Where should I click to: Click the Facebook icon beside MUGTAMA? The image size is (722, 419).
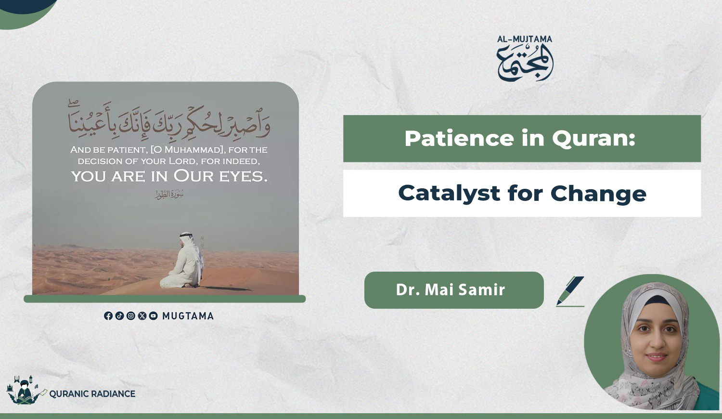(x=108, y=316)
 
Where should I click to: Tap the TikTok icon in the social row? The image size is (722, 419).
(x=119, y=316)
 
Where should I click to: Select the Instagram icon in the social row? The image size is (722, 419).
(x=131, y=316)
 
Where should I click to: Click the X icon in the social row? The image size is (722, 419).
(x=142, y=316)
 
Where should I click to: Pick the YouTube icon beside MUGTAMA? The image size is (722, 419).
(x=154, y=316)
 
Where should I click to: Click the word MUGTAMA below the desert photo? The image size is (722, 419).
(x=188, y=316)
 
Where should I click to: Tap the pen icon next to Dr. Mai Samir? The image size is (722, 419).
(x=570, y=291)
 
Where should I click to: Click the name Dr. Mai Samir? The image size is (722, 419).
(x=450, y=289)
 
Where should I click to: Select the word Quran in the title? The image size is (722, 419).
(x=593, y=139)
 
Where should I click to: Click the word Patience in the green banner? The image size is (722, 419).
(x=459, y=138)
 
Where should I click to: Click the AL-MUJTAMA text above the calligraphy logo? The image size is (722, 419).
(x=525, y=39)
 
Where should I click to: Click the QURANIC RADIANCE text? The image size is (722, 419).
(x=92, y=394)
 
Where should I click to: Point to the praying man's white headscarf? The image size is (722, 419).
(x=190, y=245)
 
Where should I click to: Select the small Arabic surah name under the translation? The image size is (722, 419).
(x=170, y=195)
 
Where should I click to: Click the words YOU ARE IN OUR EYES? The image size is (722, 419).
(x=169, y=176)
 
